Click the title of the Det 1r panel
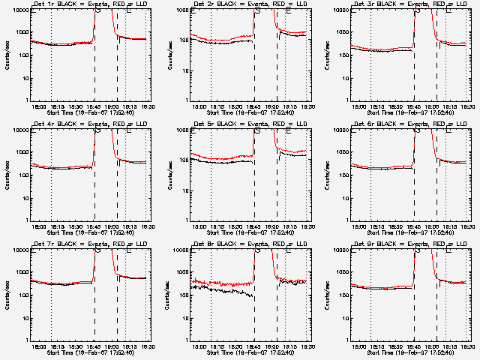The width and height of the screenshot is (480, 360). pos(93,4)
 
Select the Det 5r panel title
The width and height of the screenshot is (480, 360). pos(253,124)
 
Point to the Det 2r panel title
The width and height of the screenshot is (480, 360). pos(253,4)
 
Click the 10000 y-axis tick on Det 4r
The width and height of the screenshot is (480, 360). pos(20,130)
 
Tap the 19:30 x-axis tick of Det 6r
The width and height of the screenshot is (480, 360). pos(467,226)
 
